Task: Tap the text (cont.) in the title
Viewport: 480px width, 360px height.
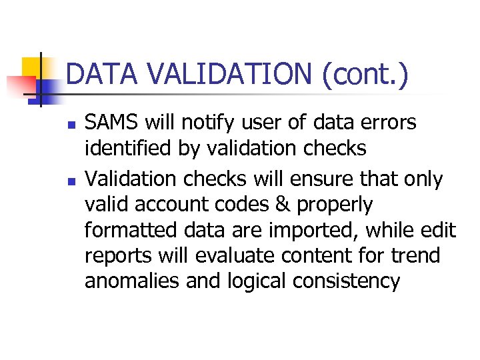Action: click(x=365, y=75)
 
